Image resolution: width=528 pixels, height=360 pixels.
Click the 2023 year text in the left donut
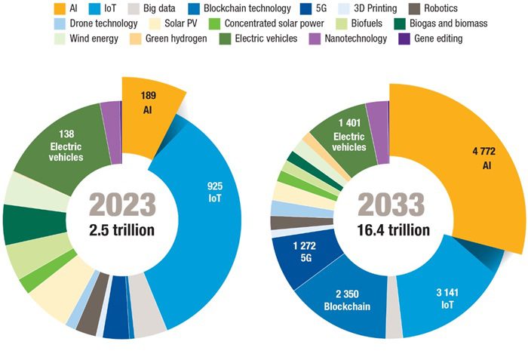[123, 205]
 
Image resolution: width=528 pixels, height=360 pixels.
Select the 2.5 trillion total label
[123, 229]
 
